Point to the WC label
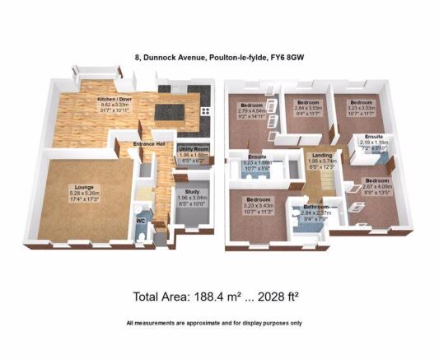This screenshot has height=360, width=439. [141, 221]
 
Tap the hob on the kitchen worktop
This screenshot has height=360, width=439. [206, 114]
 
